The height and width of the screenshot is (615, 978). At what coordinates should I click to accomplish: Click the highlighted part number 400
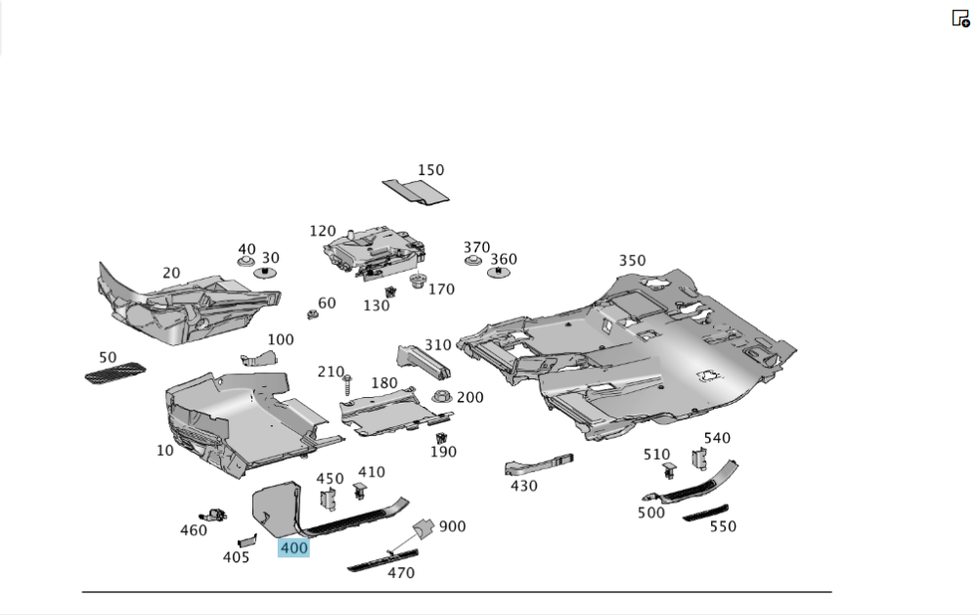click(x=293, y=549)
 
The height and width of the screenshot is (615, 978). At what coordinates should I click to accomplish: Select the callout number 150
click(x=430, y=170)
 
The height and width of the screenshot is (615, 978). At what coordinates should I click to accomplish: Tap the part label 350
click(x=632, y=260)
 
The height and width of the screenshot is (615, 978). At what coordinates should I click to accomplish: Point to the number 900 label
click(x=452, y=526)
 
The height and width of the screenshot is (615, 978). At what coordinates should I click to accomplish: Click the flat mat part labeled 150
click(x=416, y=192)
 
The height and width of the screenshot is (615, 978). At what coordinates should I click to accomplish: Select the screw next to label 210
click(x=346, y=385)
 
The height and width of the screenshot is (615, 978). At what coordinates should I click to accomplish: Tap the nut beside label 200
click(x=441, y=397)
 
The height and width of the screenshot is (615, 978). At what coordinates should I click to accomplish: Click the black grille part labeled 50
click(x=115, y=373)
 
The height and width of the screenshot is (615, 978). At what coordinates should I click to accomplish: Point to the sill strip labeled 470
click(x=382, y=560)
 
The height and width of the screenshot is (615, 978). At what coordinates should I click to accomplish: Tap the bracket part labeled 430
click(x=538, y=463)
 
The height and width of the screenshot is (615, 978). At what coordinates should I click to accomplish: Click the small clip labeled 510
click(x=670, y=471)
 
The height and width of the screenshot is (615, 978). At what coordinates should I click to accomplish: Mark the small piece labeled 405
click(x=246, y=540)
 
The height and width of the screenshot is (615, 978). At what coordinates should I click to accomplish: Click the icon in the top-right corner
click(x=960, y=18)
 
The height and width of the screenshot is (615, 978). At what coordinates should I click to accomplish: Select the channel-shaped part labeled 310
click(x=422, y=363)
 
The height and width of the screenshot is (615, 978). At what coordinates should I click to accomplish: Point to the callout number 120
click(x=323, y=231)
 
